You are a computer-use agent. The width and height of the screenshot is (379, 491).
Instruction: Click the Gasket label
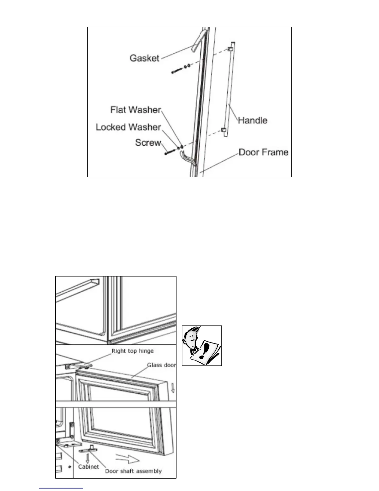coord(144,58)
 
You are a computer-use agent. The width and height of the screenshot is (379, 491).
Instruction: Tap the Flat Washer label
coord(136,110)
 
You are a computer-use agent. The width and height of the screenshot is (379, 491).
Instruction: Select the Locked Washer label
coord(128,127)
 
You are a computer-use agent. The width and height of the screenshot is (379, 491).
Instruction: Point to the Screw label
coord(148,143)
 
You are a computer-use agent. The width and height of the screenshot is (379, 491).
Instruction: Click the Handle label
coord(252,120)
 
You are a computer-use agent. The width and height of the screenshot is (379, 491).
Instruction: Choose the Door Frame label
coord(264,152)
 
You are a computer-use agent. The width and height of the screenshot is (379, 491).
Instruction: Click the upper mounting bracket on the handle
coord(230,49)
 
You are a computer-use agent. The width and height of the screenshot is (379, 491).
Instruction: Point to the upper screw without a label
coord(178,71)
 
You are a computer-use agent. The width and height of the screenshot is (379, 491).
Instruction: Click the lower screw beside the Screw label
coord(170,152)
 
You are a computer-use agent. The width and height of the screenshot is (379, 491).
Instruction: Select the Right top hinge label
coord(133,351)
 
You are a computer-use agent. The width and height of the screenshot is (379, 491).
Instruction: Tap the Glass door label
coord(161,365)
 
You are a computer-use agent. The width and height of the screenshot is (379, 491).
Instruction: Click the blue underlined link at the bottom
coord(61,489)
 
